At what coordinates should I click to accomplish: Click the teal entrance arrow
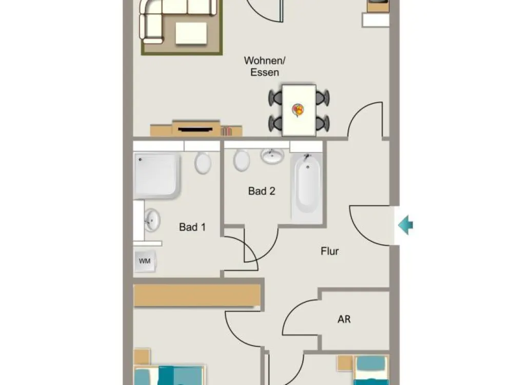[406, 225]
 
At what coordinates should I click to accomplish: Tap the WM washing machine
[145, 261]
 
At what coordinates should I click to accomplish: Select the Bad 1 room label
[192, 227]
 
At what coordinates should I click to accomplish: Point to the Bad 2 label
[262, 191]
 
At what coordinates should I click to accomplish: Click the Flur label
[330, 251]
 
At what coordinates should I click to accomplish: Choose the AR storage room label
[344, 319]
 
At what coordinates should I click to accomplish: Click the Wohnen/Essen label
[265, 66]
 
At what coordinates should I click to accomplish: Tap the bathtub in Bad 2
[307, 188]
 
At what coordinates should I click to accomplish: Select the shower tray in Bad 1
[156, 175]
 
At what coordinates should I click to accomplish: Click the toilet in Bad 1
[203, 163]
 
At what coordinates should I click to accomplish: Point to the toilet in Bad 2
[242, 160]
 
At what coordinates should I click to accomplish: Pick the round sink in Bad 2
[272, 156]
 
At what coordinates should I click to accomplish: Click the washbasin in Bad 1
[152, 220]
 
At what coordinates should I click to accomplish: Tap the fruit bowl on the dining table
[298, 110]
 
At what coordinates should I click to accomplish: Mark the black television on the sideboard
[195, 130]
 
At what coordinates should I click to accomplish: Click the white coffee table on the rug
[191, 33]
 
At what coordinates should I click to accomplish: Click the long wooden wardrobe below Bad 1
[197, 296]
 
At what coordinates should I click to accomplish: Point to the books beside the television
[226, 131]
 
